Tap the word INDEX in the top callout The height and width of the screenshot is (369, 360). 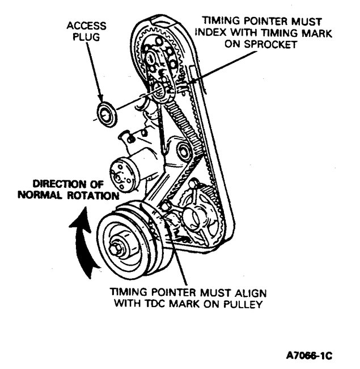coord(217,33)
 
